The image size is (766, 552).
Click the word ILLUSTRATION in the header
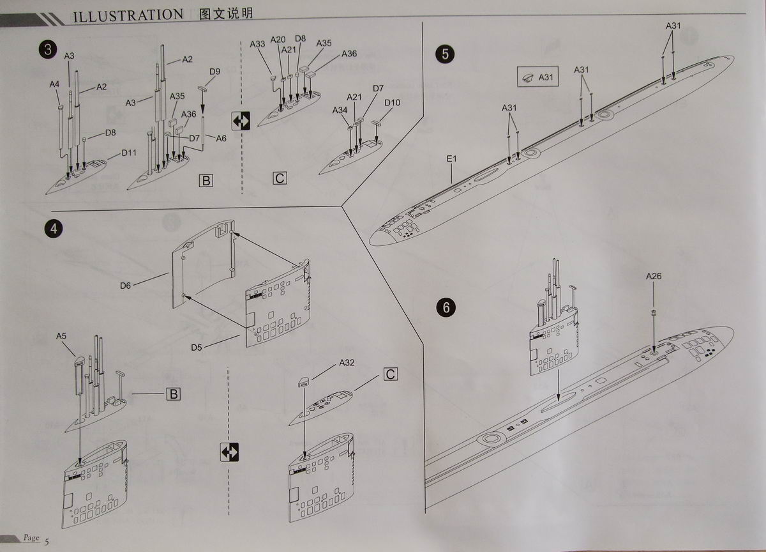pos(128,15)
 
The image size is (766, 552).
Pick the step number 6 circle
pos(445,308)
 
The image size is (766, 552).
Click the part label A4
pos(54,84)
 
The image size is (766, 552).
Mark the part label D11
pos(130,153)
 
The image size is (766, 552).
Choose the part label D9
pos(214,72)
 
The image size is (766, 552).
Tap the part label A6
pos(221,138)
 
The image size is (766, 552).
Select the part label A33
pos(257,44)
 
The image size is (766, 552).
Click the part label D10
pos(392,102)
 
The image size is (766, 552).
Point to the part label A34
pos(340,111)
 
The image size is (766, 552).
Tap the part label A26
pos(653,277)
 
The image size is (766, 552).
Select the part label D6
pos(124,286)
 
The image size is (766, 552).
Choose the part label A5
pos(61,336)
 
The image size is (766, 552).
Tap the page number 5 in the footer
pos(47,542)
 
